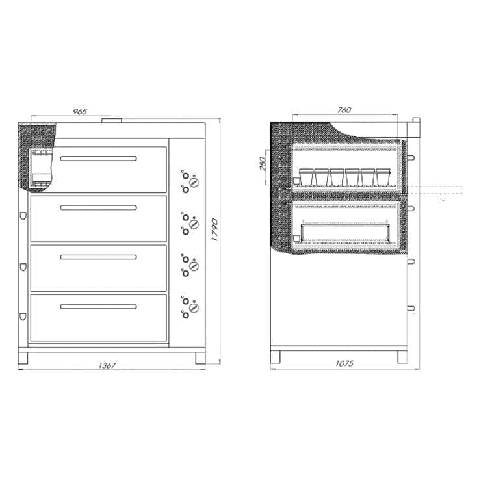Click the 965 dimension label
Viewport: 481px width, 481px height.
(x=80, y=111)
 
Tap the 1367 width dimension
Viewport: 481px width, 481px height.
(x=107, y=365)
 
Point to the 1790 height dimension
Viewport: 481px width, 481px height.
(x=215, y=229)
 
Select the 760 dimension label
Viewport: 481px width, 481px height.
(x=344, y=110)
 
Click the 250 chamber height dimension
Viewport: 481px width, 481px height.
(x=263, y=164)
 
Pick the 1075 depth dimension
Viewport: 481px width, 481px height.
(x=344, y=363)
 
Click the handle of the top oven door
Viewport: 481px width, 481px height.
(x=98, y=159)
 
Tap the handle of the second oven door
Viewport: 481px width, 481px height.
(x=98, y=208)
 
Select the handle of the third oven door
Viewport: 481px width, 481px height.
(x=98, y=257)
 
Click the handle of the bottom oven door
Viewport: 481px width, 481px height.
(x=98, y=307)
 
